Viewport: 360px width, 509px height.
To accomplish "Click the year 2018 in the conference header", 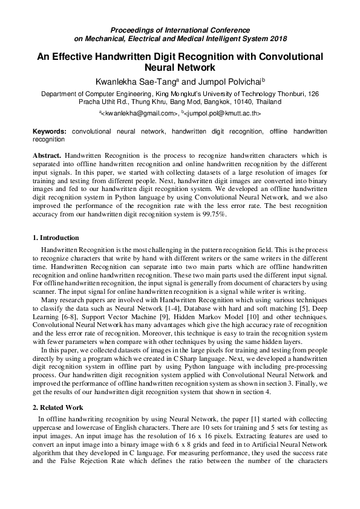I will (x=277, y=37).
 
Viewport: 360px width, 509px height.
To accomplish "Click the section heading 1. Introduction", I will (x=56, y=238).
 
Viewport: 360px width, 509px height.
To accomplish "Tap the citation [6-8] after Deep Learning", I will (x=62, y=316).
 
